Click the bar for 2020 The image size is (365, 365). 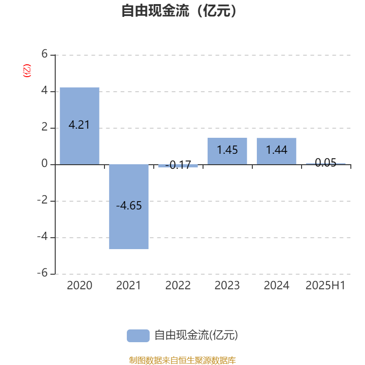79,126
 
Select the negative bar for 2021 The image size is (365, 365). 129,207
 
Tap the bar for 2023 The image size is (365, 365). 227,151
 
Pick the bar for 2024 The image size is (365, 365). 276,151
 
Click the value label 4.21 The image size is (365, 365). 79,125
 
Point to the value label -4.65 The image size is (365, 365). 129,206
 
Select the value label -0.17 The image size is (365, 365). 178,165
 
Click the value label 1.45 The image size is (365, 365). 227,150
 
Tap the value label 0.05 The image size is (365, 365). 326,162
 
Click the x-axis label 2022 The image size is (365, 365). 178,286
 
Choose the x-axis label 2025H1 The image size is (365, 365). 325,286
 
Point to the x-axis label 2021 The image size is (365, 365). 129,286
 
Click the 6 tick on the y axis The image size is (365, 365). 44,54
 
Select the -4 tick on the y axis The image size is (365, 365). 42,236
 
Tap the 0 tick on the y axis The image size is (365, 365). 44,164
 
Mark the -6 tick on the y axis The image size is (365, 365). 42,273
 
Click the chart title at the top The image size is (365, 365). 179,10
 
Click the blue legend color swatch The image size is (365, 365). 138,336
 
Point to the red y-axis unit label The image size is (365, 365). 27,71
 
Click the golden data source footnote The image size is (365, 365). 182,360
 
